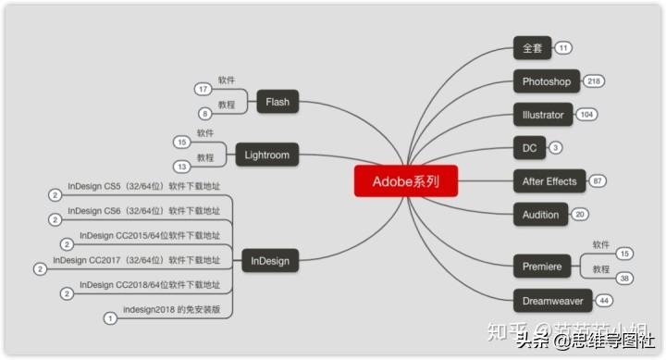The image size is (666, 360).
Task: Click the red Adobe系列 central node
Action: [x=405, y=181]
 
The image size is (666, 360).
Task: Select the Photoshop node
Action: [x=546, y=81]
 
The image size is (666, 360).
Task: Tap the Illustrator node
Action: [x=543, y=115]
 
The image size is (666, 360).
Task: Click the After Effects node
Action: [x=549, y=181]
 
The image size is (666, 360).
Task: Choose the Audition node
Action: [x=541, y=215]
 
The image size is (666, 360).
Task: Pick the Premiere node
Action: [x=542, y=267]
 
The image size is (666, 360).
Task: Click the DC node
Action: [x=529, y=148]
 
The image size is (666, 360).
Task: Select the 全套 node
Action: [x=532, y=48]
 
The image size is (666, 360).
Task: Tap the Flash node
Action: [x=277, y=102]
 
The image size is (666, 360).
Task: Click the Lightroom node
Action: [x=267, y=155]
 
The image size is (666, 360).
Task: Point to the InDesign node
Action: [x=269, y=261]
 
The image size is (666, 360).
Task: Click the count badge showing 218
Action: [x=594, y=81]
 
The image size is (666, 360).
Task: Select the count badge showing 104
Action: [x=586, y=115]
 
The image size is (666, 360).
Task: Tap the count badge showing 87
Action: [x=598, y=181]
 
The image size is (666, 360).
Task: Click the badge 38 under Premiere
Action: [x=625, y=279]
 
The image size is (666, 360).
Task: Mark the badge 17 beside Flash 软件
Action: [x=203, y=89]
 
